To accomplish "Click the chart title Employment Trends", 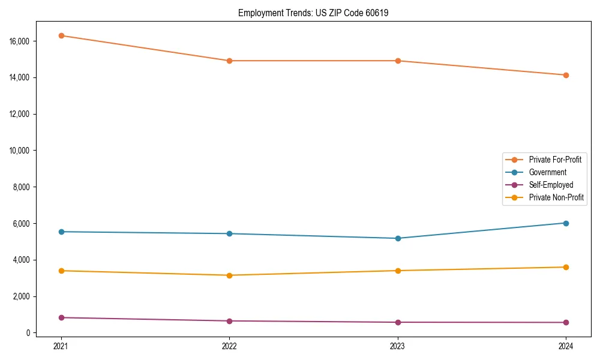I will (x=313, y=13).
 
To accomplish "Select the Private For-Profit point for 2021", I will (x=61, y=35).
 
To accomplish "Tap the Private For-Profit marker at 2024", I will (x=566, y=75).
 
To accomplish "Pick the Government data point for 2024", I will (x=566, y=223).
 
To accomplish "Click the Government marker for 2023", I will (x=398, y=238).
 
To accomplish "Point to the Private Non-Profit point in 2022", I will (x=229, y=275).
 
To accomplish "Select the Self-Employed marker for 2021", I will (x=61, y=317).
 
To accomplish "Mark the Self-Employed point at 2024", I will (x=566, y=322).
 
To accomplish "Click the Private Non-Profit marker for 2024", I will (x=566, y=267).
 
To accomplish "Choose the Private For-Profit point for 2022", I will (x=229, y=61).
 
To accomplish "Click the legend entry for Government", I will (x=547, y=172).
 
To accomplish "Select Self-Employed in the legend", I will (x=551, y=185).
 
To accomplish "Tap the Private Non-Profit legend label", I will (x=556, y=197).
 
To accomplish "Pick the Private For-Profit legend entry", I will (x=555, y=160).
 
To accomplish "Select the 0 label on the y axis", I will (x=28, y=333).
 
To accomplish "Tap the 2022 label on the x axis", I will (x=229, y=346).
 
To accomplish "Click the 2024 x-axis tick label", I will (x=566, y=346).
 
